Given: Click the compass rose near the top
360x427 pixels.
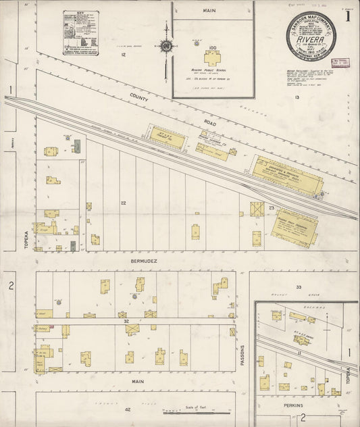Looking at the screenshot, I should pyautogui.click(x=165, y=46).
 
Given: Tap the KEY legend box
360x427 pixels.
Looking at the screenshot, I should pyautogui.click(x=80, y=32).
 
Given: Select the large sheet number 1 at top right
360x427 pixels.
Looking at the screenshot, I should pyautogui.click(x=348, y=16).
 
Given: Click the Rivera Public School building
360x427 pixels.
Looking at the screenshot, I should pyautogui.click(x=213, y=57).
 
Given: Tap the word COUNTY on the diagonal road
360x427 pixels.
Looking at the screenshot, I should pyautogui.click(x=139, y=97).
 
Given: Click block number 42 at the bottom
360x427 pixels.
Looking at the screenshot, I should pyautogui.click(x=127, y=409).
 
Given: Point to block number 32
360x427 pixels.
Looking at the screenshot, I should pyautogui.click(x=126, y=322).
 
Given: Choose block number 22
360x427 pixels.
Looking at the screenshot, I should pyautogui.click(x=124, y=203).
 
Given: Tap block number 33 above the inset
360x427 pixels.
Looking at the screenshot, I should pyautogui.click(x=298, y=288).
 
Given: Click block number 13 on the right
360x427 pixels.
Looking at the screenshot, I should pyautogui.click(x=297, y=98).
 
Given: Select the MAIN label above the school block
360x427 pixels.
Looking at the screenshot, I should pyautogui.click(x=209, y=11).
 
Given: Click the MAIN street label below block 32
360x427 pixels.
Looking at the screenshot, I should pyautogui.click(x=138, y=382).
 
